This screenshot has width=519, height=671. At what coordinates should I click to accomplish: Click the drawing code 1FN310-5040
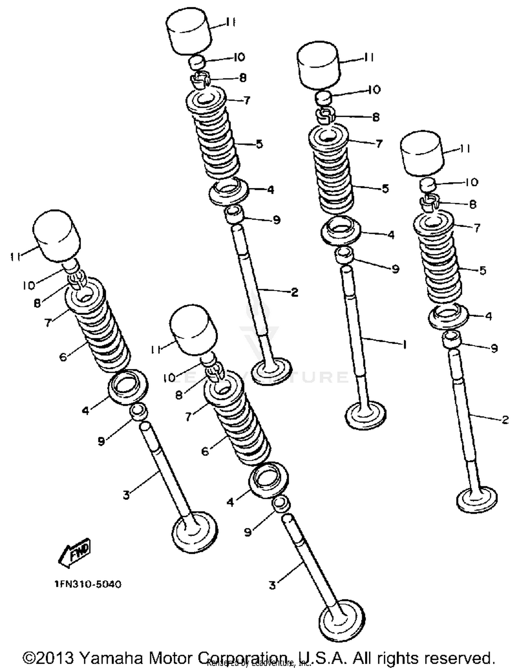[88, 584]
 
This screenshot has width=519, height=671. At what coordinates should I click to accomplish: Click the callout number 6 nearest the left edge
[63, 357]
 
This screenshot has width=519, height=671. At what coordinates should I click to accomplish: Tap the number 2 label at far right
[505, 420]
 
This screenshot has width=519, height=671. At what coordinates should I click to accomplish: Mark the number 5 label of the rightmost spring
[483, 270]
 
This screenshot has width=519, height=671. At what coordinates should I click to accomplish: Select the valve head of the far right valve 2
[477, 499]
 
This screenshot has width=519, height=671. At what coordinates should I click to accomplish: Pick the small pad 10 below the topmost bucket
[197, 63]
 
